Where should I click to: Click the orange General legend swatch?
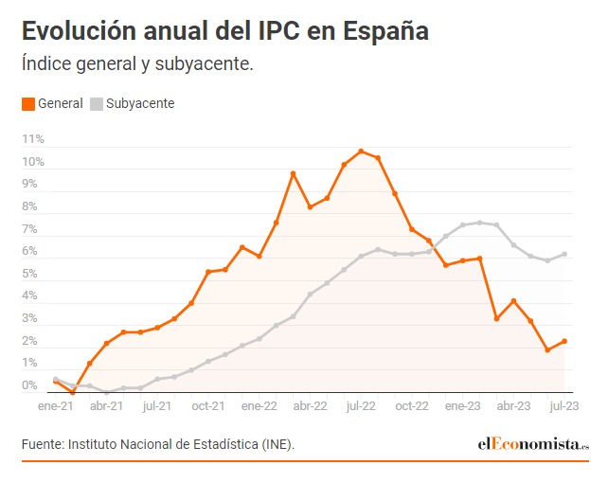28,103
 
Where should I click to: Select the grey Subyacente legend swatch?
97,103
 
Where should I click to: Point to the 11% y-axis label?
33,139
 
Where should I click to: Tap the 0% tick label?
29,385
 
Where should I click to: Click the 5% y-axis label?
29,274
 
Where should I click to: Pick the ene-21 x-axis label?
55,405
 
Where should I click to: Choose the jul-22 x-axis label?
361,405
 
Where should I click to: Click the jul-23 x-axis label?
564,405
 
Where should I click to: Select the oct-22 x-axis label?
412,405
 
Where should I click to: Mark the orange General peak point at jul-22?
361,151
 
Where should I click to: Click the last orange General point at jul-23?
564,342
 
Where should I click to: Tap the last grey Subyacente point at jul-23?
564,254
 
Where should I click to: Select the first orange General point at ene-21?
56,381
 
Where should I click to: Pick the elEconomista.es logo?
532,444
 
